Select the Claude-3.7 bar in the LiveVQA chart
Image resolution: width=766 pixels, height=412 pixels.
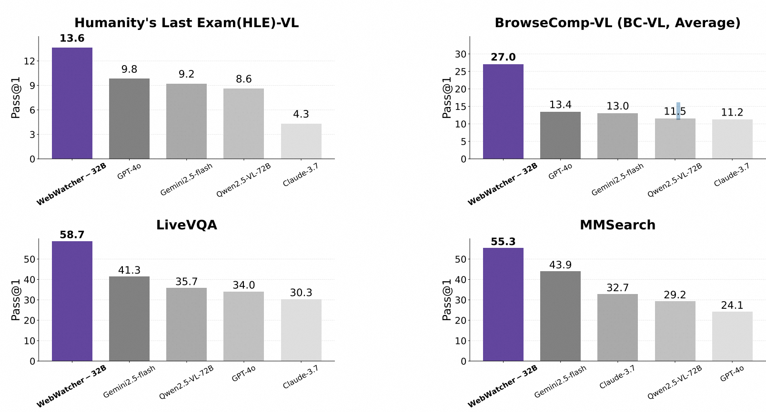click(301, 330)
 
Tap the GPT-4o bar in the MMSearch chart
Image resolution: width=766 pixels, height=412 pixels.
click(732, 336)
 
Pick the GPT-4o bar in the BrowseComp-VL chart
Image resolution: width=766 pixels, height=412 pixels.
click(560, 136)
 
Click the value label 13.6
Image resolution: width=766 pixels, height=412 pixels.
click(72, 39)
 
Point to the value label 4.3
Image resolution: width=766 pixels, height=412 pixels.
click(301, 114)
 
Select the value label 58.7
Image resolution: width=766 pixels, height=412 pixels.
click(72, 235)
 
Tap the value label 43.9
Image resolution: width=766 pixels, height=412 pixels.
click(560, 265)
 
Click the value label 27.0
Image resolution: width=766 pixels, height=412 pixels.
click(503, 57)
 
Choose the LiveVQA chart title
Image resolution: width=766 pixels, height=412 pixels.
click(186, 225)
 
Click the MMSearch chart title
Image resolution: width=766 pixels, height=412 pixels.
click(617, 225)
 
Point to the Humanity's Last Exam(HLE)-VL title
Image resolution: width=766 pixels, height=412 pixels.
click(186, 23)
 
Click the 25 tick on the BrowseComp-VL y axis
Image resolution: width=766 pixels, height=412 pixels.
click(460, 72)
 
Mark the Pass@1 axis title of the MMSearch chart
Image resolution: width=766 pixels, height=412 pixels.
click(446, 300)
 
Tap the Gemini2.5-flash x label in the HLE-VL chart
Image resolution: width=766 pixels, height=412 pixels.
click(186, 180)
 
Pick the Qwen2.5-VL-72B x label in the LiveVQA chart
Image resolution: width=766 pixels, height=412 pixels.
click(186, 383)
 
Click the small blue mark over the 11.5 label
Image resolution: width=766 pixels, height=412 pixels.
click(678, 111)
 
